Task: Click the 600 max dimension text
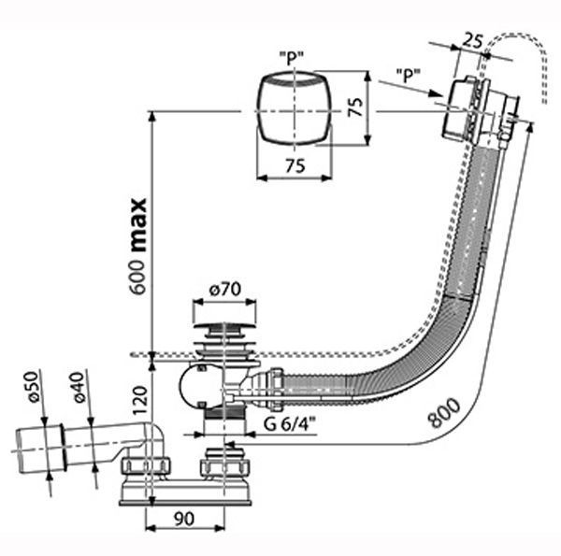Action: click(138, 247)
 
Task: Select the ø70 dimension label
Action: click(224, 290)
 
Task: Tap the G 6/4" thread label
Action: click(290, 424)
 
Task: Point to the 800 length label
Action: click(444, 412)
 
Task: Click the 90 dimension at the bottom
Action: click(184, 519)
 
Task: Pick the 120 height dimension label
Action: click(140, 400)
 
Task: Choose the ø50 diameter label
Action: click(34, 387)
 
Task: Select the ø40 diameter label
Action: click(79, 387)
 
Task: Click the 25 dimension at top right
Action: click(472, 41)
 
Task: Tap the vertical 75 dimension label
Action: click(356, 107)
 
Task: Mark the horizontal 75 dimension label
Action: click(295, 166)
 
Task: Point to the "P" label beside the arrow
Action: click(409, 75)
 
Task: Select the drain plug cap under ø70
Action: click(224, 326)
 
